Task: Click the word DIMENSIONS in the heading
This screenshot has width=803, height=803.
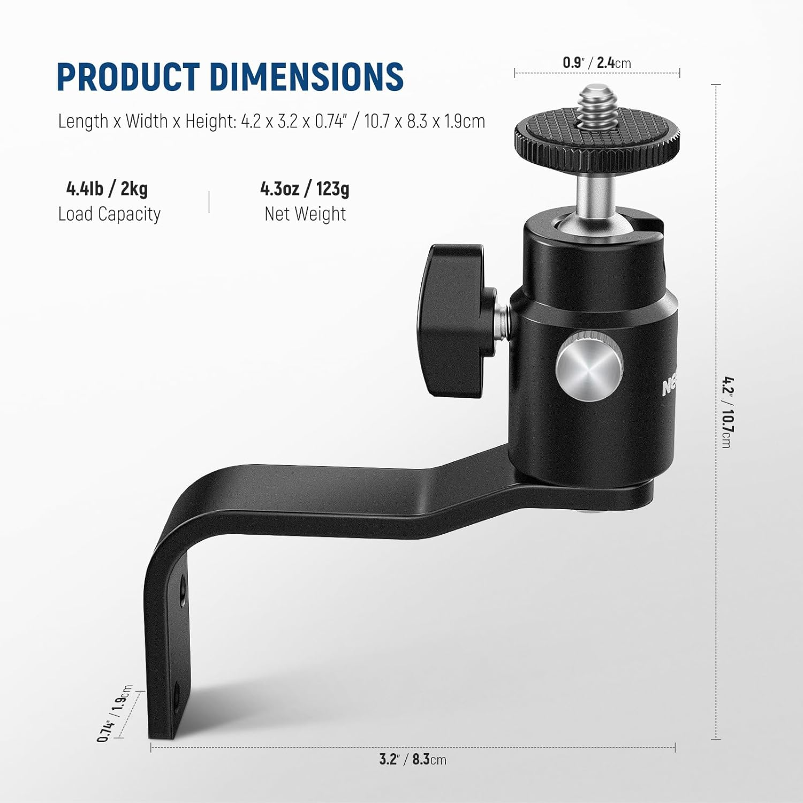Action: click(x=306, y=77)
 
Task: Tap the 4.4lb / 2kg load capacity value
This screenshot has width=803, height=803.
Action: click(x=107, y=188)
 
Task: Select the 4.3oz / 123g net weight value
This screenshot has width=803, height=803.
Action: click(x=305, y=188)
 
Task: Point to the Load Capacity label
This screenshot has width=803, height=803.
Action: click(x=109, y=214)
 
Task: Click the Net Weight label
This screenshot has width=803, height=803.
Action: click(x=305, y=214)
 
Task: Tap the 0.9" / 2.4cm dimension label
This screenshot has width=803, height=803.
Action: click(x=596, y=63)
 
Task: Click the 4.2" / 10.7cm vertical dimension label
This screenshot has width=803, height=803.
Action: click(x=726, y=412)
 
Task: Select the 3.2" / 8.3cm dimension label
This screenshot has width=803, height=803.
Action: click(x=412, y=759)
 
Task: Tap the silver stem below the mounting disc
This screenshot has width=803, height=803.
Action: click(x=593, y=195)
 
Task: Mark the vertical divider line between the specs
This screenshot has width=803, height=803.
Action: click(x=209, y=202)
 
